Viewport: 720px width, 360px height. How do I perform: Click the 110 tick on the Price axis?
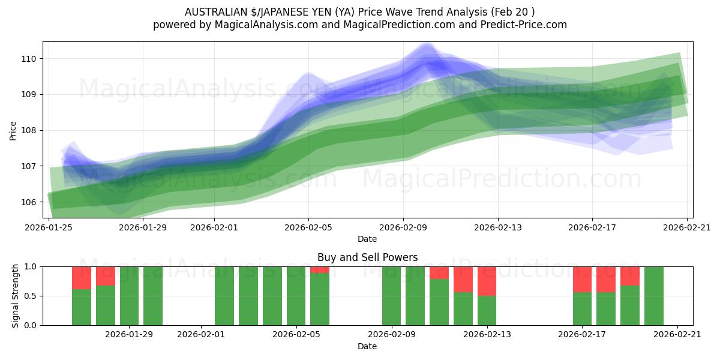(x=29, y=59)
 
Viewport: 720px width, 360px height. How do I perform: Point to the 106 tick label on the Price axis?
(x=29, y=202)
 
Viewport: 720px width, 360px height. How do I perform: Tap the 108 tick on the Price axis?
(x=29, y=130)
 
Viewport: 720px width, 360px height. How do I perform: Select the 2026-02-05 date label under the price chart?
(x=308, y=227)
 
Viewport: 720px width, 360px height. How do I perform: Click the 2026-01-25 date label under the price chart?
(x=49, y=227)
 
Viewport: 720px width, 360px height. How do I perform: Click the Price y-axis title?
(x=13, y=130)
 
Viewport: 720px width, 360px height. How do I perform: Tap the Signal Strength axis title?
(x=16, y=296)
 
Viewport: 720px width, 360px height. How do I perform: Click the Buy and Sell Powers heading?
(x=367, y=257)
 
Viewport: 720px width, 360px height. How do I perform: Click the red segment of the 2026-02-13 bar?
(x=487, y=281)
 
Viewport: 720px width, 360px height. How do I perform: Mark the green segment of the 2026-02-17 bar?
(x=582, y=308)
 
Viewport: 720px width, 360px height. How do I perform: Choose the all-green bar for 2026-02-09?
(x=391, y=296)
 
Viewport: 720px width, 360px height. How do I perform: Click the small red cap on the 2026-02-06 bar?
(x=320, y=270)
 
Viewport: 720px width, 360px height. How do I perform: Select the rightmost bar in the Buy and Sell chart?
(x=654, y=296)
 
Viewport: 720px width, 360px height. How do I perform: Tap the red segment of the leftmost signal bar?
(x=82, y=277)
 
